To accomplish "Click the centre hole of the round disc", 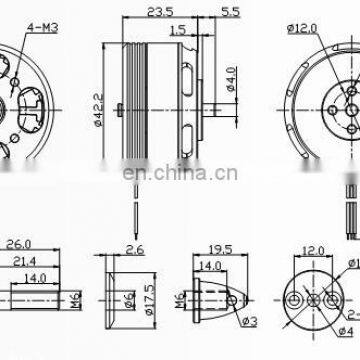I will tap(314, 327).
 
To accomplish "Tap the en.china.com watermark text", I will tap(180, 171).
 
